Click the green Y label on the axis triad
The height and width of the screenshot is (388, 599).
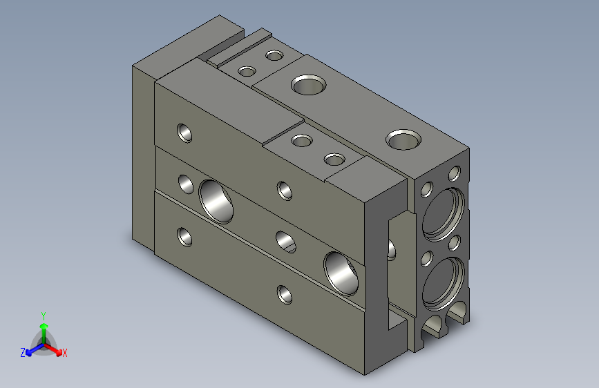pos(43,315)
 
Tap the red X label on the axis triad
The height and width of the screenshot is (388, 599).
pos(64,353)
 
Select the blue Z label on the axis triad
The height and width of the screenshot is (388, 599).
pos(23,353)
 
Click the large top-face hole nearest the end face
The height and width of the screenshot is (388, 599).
pos(403,139)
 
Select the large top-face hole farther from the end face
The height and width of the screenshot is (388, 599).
pos(308,86)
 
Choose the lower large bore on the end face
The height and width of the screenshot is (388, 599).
pos(442,282)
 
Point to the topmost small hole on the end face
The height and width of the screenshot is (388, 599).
pos(455,173)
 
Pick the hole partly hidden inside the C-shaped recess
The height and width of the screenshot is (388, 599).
pos(392,249)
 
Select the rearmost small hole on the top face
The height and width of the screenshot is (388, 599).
pos(275,55)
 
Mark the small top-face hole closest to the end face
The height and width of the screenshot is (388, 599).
pos(334,160)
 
